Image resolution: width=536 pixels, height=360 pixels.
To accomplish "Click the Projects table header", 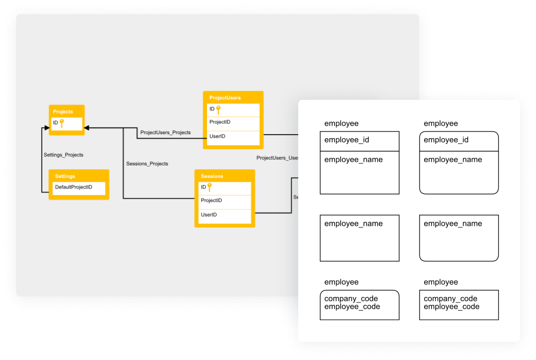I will (63, 111).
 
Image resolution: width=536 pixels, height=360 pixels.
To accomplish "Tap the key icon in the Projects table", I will (61, 123).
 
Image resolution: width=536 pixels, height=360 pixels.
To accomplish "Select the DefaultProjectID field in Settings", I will (74, 187).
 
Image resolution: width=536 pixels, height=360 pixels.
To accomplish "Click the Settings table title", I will (65, 176).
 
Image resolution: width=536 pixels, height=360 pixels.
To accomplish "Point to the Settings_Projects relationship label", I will (63, 155).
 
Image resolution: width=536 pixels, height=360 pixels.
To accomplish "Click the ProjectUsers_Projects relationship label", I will (165, 133).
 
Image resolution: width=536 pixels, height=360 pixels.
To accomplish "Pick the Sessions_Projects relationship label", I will (147, 163).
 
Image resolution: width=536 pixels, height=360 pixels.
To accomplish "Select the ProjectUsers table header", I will (225, 97).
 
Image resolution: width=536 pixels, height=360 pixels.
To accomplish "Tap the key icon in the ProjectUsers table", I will (219, 109).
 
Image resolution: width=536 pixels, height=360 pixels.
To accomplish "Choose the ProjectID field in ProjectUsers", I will (220, 122).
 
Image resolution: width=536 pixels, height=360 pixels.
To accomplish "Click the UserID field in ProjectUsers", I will (217, 136).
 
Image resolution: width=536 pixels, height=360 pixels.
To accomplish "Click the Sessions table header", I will (212, 176).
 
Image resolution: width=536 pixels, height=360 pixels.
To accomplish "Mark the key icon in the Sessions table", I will (210, 188).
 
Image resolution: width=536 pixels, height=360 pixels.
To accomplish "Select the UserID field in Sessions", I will (209, 215).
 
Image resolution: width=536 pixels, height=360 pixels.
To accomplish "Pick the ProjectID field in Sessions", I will (211, 201).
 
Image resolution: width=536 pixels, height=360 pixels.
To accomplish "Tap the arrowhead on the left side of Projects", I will (46, 128).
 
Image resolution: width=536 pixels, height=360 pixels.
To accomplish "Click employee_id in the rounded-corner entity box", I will (446, 140).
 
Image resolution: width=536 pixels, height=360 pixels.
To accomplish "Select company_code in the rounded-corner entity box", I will (351, 298).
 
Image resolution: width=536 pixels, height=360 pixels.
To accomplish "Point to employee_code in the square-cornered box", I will (451, 307).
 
